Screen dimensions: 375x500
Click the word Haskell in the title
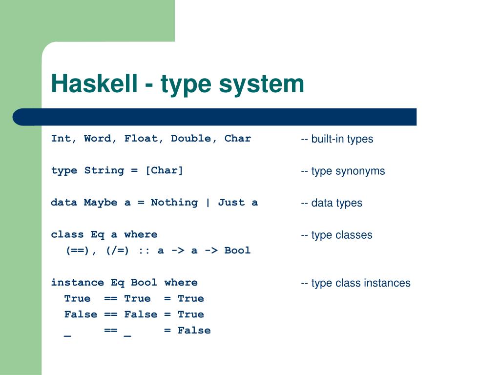[x=94, y=83]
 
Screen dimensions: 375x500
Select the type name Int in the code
[x=61, y=138]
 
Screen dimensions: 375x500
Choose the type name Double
[x=191, y=138]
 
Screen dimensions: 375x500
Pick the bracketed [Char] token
[x=164, y=170]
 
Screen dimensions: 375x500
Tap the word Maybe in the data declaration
[x=101, y=202]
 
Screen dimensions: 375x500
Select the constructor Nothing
[x=167, y=202]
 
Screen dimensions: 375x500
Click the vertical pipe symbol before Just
[x=208, y=202]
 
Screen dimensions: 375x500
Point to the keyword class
[x=67, y=234]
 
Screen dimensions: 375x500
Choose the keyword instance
[x=77, y=282]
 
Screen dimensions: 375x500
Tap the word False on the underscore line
[x=194, y=330]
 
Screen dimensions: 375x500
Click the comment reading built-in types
[x=337, y=139]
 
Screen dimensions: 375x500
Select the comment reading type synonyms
[x=343, y=171]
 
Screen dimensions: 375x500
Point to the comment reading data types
[x=332, y=203]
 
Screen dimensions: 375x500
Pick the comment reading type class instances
[x=355, y=283]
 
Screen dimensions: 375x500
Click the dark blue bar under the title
[x=215, y=117]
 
